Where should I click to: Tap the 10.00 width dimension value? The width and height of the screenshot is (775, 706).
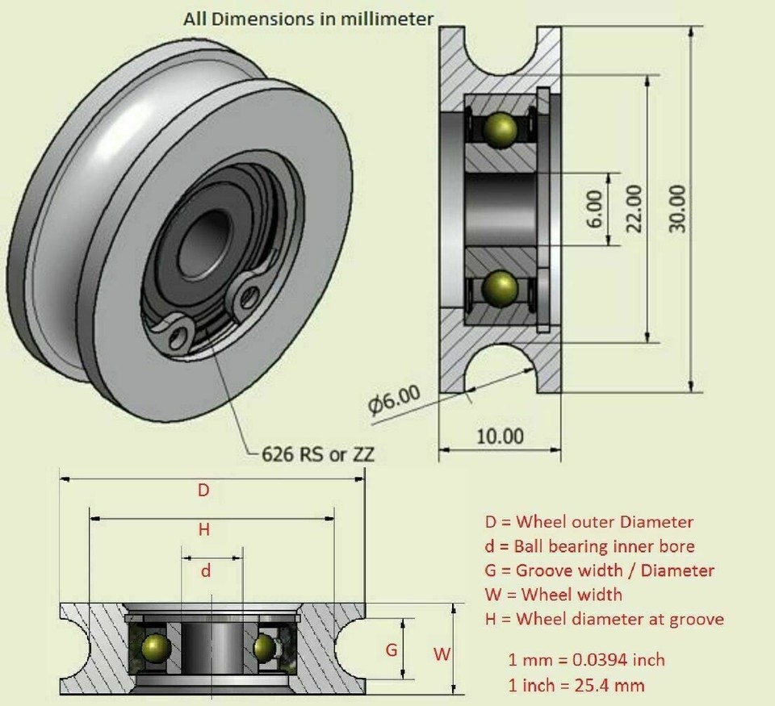coord(499,437)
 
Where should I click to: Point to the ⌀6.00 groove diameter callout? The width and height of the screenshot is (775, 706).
coord(394,399)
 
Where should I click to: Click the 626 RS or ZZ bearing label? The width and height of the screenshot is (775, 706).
coord(318,454)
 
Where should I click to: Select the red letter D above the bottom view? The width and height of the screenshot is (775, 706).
coord(204,490)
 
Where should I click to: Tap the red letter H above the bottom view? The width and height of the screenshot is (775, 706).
coord(204,530)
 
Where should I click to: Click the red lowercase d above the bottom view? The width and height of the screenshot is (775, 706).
coord(206,570)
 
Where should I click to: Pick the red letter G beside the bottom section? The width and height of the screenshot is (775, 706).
coord(392,650)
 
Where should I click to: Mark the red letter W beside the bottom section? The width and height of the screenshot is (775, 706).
coord(442,654)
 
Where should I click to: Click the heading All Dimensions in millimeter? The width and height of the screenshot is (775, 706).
coord(308,18)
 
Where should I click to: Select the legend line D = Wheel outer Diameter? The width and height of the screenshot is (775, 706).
coord(589,522)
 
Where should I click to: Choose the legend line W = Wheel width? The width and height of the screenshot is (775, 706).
coord(553,595)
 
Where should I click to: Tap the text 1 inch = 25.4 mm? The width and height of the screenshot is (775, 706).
coord(576,685)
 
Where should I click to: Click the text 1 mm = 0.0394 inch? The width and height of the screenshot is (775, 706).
coord(587,659)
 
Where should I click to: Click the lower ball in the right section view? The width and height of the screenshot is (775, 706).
coord(501,286)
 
